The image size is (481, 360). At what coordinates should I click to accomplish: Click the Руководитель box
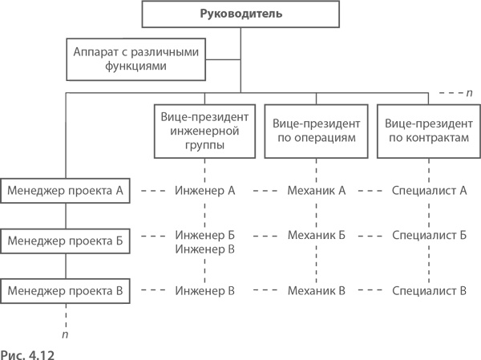pyautogui.click(x=240, y=14)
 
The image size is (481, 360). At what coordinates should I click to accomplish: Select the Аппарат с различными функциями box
pyautogui.click(x=135, y=59)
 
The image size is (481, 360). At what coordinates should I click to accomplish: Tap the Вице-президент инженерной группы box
pyautogui.click(x=204, y=131)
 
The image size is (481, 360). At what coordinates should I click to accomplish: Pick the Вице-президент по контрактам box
pyautogui.click(x=427, y=131)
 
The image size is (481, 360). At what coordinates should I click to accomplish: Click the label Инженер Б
pyautogui.click(x=204, y=236)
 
